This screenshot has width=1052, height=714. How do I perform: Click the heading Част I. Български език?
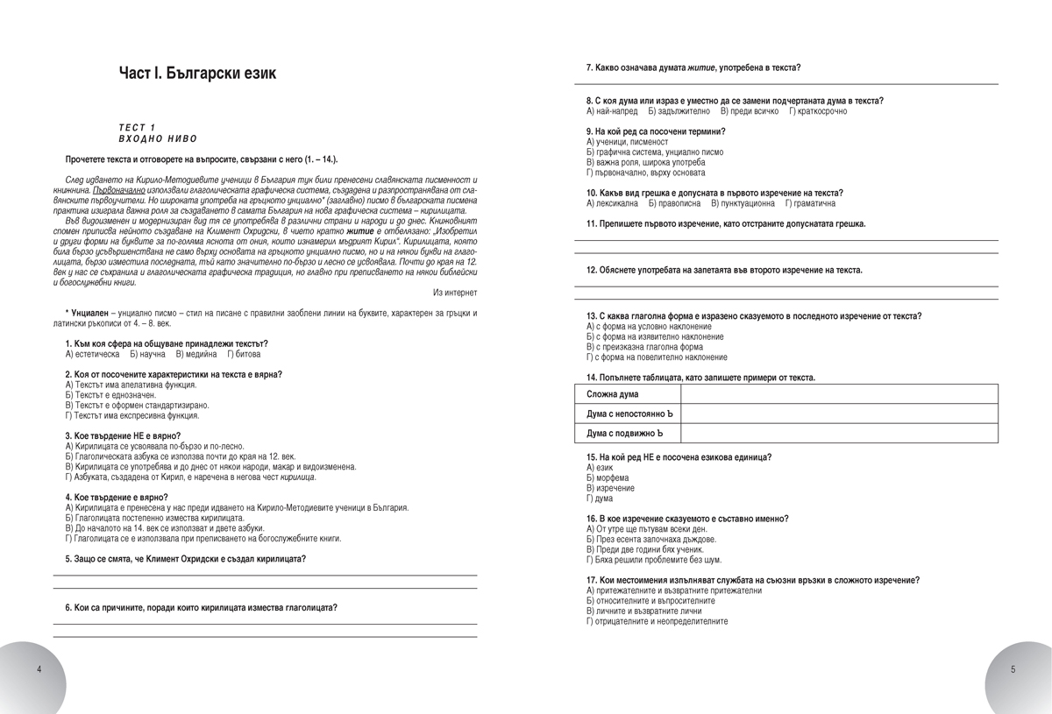(197, 73)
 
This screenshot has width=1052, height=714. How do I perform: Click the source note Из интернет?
(455, 292)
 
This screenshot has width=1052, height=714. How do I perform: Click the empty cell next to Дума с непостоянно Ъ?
(839, 414)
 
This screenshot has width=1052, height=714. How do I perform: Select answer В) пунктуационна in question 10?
(743, 203)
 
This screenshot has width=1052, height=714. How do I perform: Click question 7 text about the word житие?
(693, 67)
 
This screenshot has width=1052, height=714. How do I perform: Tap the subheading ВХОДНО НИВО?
(158, 138)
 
